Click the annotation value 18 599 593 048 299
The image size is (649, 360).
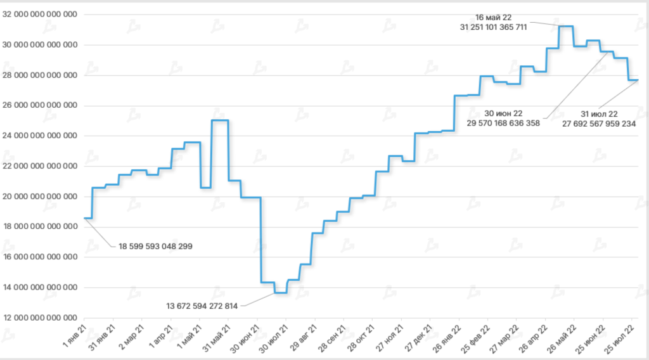(x=155, y=246)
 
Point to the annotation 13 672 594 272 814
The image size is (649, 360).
(x=202, y=306)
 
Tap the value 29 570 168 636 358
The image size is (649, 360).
(x=503, y=123)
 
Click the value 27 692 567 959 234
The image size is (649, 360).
(x=599, y=124)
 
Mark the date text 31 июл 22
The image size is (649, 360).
(x=599, y=114)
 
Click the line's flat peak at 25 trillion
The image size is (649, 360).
(x=220, y=120)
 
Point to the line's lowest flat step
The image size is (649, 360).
(x=280, y=292)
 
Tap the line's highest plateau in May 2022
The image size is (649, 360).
(x=566, y=27)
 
